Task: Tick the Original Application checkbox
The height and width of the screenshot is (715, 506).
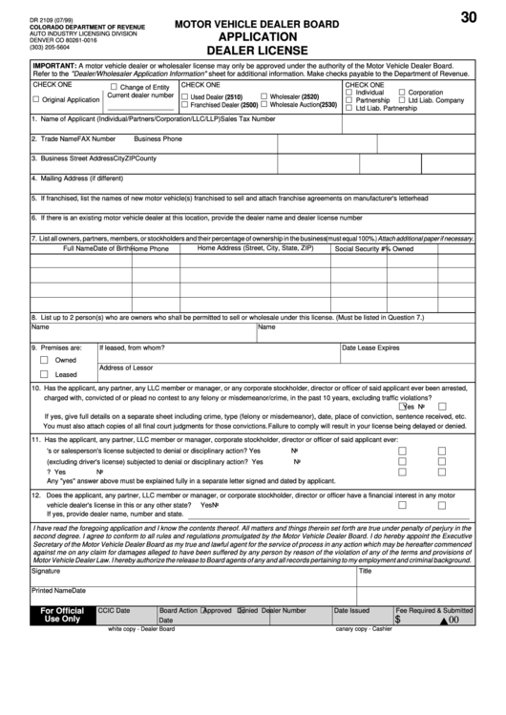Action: coord(36,99)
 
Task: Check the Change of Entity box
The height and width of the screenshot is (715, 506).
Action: coord(114,87)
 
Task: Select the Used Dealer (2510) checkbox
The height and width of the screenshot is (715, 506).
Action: coord(185,96)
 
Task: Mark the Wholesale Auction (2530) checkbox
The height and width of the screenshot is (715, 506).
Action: coord(264,105)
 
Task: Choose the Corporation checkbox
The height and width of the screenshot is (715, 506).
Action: coord(402,92)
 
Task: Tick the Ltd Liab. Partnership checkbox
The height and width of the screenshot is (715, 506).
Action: coord(349,108)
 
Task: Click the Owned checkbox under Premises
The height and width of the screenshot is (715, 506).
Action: coord(44,361)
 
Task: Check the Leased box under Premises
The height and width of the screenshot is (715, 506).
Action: coord(44,375)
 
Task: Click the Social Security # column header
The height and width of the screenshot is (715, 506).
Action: coord(361,248)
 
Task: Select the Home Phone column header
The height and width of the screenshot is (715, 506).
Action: coord(150,248)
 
